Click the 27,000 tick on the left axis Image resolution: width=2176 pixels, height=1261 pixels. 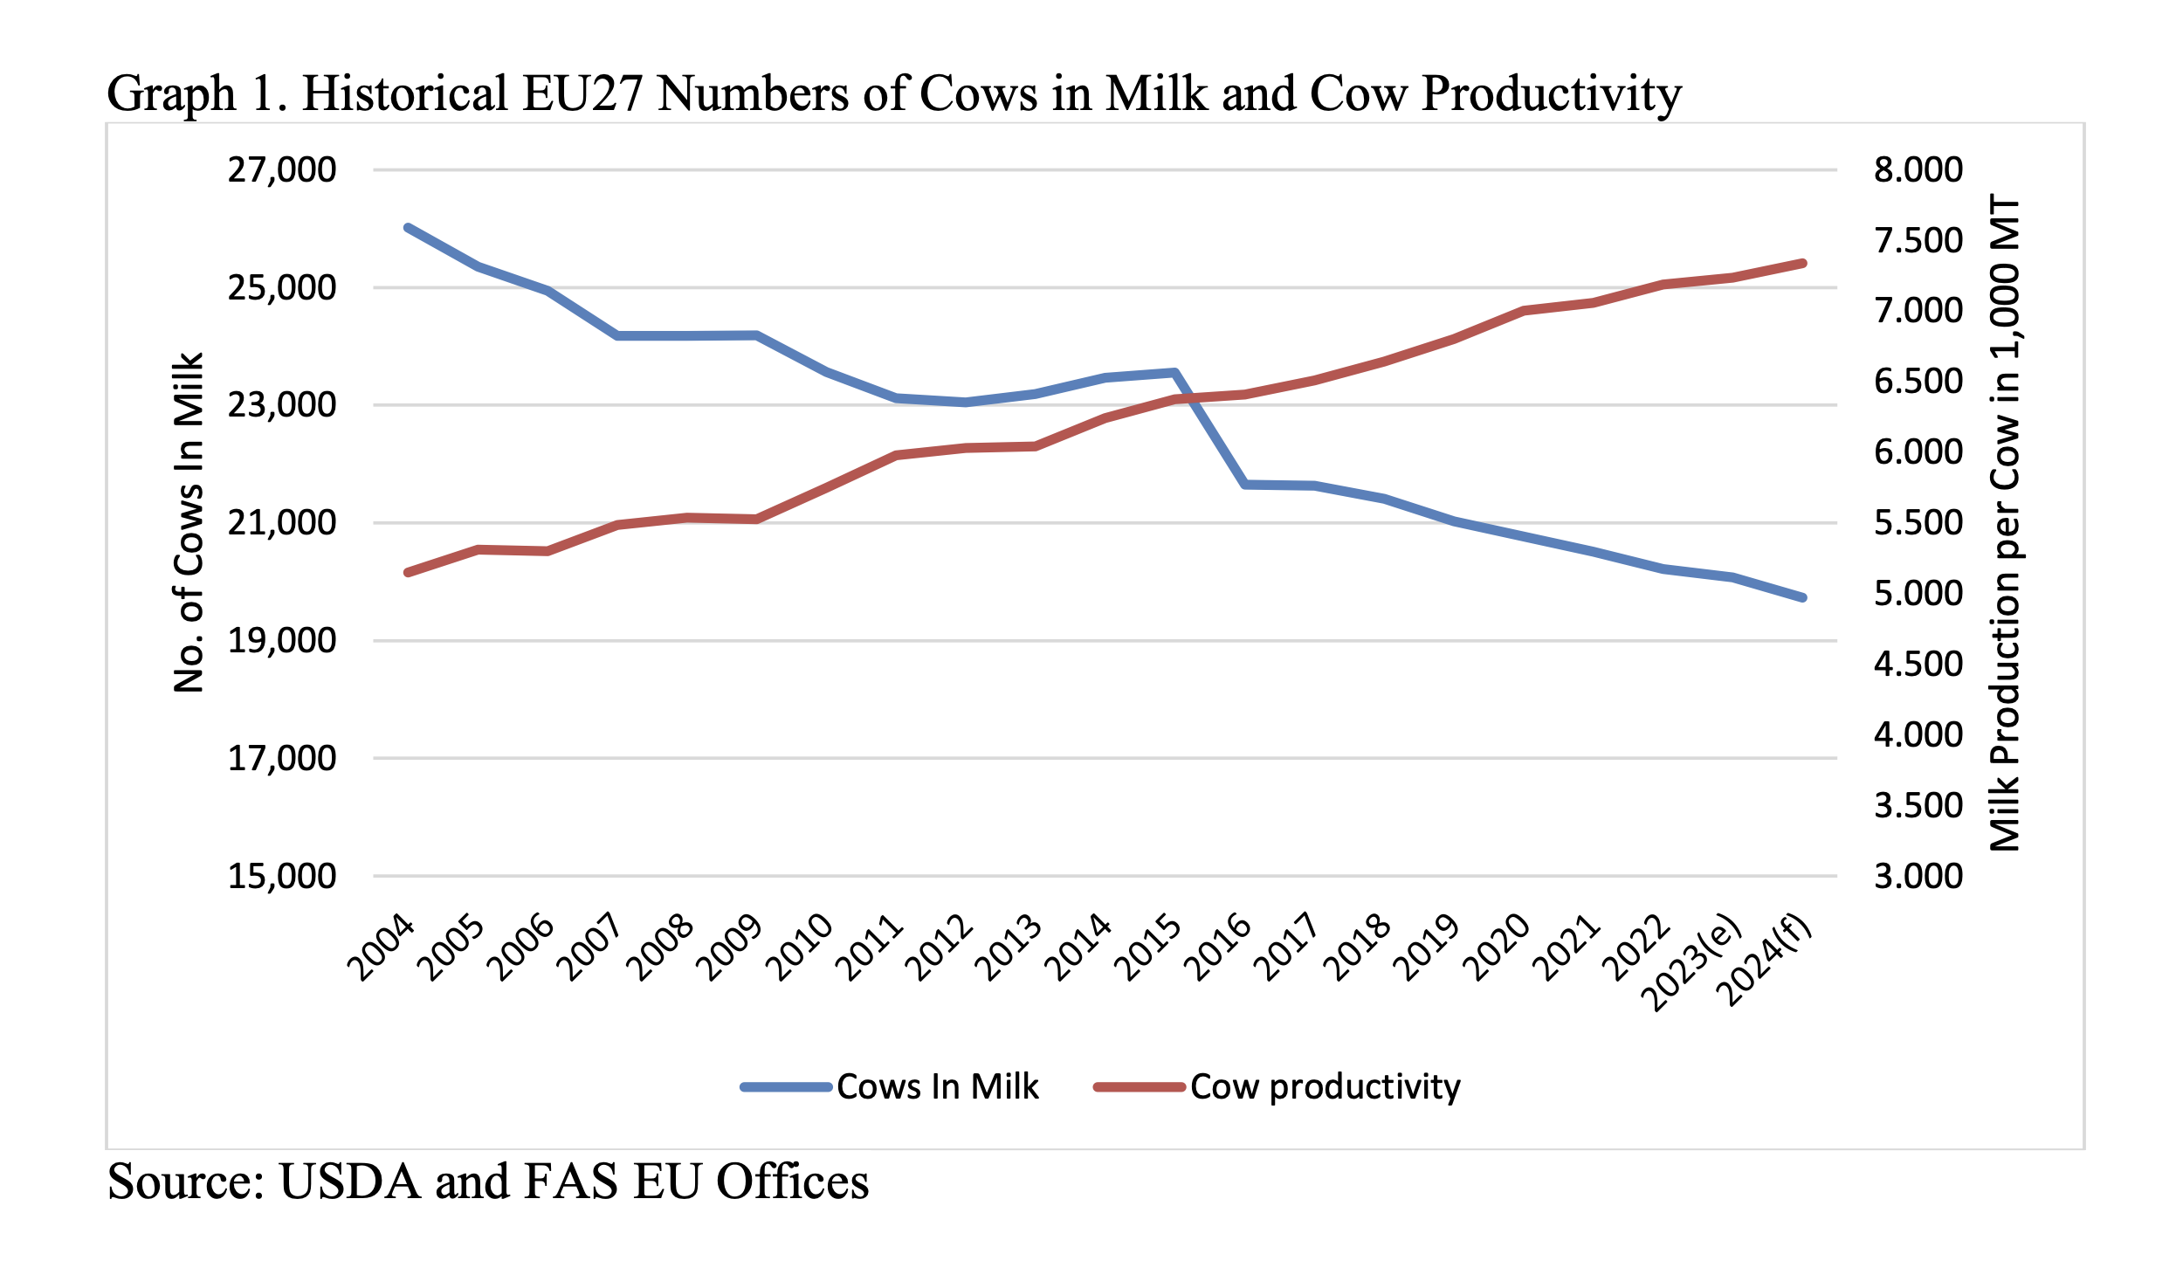click(281, 169)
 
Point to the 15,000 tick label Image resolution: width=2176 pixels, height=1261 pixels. click(281, 876)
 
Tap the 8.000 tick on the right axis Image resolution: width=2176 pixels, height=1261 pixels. click(1918, 169)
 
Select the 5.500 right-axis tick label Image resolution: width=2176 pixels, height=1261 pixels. click(1918, 522)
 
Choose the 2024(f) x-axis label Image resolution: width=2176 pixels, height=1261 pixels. click(1767, 961)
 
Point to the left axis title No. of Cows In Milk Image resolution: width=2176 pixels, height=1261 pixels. click(189, 522)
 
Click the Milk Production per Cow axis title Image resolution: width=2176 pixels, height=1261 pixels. click(2005, 522)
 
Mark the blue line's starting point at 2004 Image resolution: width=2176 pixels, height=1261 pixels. click(408, 228)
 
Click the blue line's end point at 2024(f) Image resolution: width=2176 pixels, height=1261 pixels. click(1802, 598)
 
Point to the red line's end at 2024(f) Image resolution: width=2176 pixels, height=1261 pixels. click(1802, 263)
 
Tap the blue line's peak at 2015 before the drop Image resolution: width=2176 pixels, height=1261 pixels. click(1175, 373)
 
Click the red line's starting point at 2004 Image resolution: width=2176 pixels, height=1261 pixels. click(408, 572)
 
